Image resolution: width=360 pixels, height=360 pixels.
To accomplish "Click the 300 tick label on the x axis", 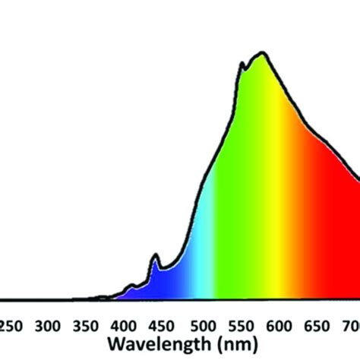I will [x=48, y=326].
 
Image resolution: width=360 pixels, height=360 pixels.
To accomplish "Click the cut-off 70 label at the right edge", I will [x=351, y=326].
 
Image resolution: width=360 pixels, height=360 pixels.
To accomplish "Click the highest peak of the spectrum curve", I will [x=263, y=53].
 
